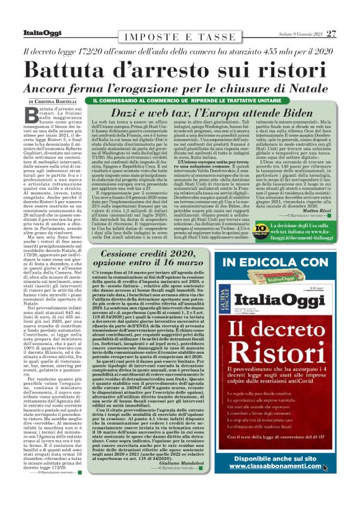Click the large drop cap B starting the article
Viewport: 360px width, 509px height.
pos(34,115)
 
